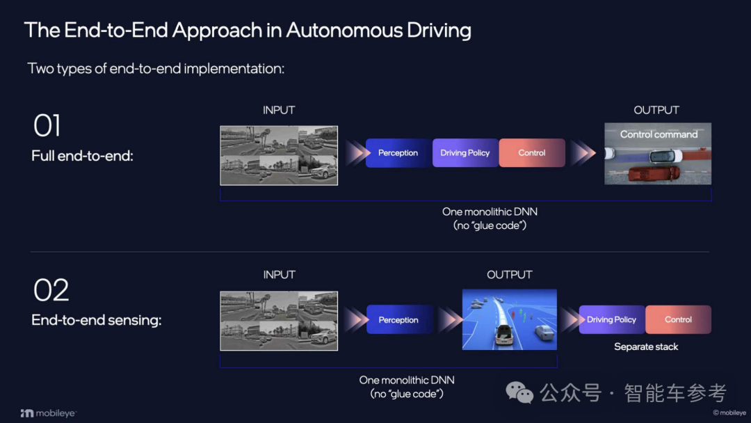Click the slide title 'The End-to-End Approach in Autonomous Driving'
(x=248, y=30)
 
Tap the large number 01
(x=47, y=126)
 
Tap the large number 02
(x=51, y=290)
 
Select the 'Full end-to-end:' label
(x=82, y=156)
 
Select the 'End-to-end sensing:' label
(x=96, y=320)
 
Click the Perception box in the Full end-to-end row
(x=398, y=153)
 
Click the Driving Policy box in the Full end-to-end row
(x=465, y=153)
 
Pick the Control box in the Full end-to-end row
(x=532, y=153)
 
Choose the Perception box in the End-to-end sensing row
(x=398, y=320)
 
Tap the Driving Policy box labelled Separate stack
(x=611, y=319)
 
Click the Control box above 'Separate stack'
(x=678, y=319)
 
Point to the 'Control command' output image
(x=658, y=154)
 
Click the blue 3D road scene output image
(x=510, y=319)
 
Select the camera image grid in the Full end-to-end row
(x=279, y=155)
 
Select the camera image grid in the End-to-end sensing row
(x=279, y=320)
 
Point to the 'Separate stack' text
(x=646, y=346)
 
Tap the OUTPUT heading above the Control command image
(x=656, y=110)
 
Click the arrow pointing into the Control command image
(x=583, y=153)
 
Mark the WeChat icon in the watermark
(x=520, y=392)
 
